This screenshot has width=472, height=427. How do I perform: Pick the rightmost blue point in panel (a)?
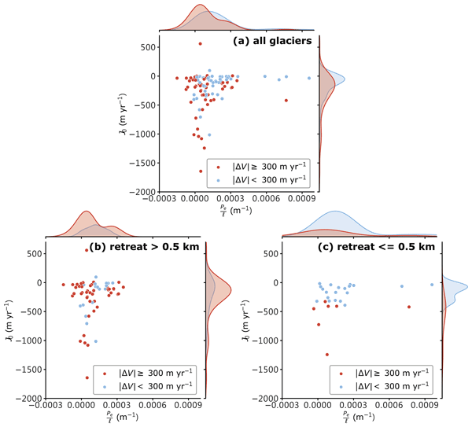click(x=309, y=78)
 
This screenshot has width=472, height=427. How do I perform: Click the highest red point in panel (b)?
click(x=87, y=250)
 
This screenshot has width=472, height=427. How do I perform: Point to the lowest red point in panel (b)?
click(x=87, y=378)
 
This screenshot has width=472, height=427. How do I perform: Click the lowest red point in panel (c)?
click(x=327, y=355)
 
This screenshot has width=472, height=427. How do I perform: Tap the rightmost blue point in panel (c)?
click(x=432, y=285)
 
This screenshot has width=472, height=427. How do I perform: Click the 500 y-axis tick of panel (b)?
click(x=34, y=253)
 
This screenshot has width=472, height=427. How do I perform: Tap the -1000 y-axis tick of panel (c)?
click(x=261, y=340)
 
